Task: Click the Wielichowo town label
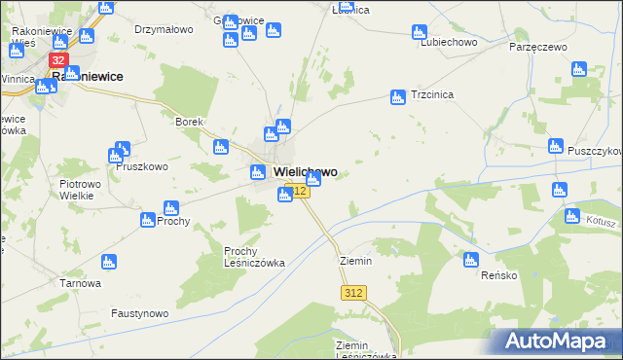click(x=299, y=172)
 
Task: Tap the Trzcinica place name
click(x=433, y=96)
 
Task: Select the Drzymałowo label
click(x=162, y=30)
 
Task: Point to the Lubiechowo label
click(x=447, y=43)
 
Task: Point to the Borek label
click(x=188, y=122)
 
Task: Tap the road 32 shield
click(x=57, y=60)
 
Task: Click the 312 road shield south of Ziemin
click(x=353, y=293)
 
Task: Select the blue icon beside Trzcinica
click(x=397, y=97)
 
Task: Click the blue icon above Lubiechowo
click(x=420, y=31)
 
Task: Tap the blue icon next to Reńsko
click(x=471, y=260)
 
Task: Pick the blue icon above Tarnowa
click(x=109, y=262)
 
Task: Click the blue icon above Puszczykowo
click(x=556, y=147)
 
